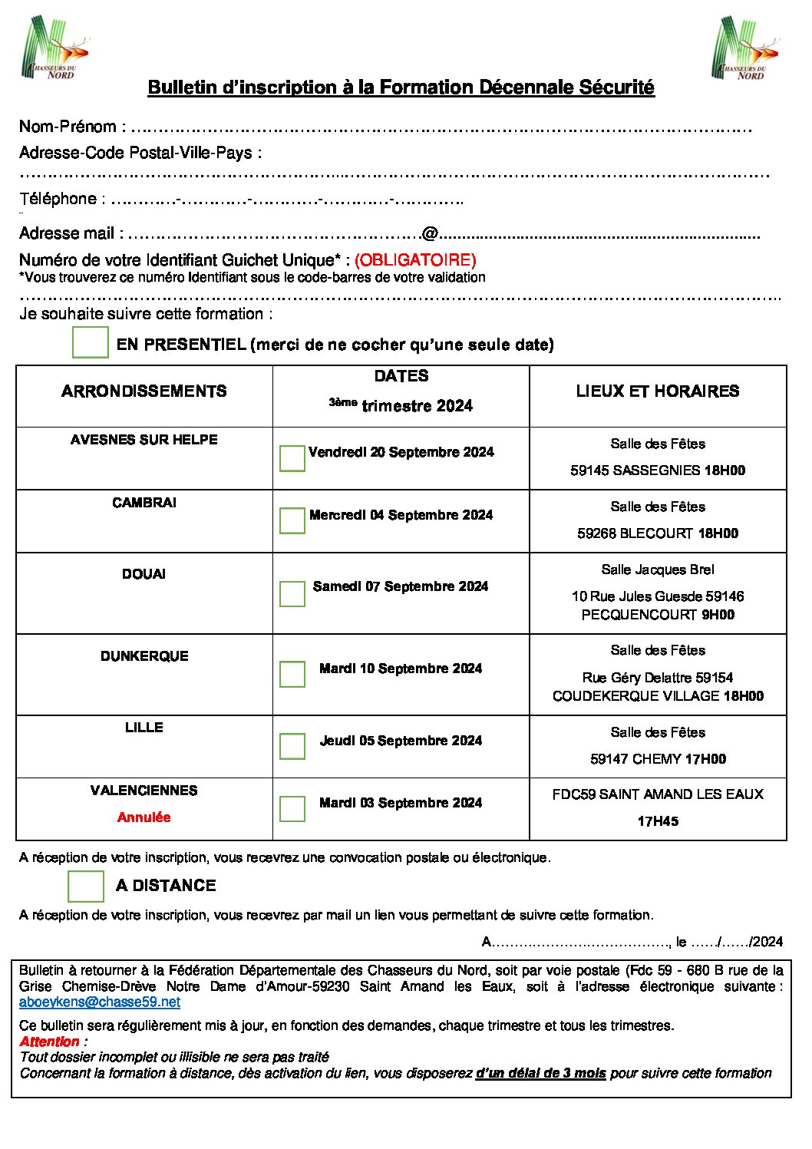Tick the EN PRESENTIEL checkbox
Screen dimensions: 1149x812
click(91, 342)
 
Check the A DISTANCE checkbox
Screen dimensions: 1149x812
click(86, 886)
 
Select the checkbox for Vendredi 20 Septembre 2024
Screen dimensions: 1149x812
click(292, 458)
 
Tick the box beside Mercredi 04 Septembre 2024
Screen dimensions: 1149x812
click(292, 520)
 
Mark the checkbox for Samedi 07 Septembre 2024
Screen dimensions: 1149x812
click(292, 593)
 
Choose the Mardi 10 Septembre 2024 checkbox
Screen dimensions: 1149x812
click(292, 674)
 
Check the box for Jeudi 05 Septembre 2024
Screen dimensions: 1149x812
click(292, 746)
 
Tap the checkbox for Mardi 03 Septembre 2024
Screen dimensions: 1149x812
click(292, 808)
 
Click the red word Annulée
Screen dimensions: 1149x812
click(144, 817)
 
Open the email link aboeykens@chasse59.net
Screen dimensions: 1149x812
click(100, 1002)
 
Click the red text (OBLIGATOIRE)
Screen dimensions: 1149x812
click(415, 259)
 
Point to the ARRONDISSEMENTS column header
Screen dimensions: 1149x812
click(144, 391)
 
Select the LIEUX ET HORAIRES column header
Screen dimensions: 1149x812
click(658, 391)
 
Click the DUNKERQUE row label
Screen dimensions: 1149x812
click(144, 656)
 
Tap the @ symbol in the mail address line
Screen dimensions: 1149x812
click(430, 233)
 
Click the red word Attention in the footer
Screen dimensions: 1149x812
click(50, 1042)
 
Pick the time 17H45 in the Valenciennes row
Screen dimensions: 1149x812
click(658, 821)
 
